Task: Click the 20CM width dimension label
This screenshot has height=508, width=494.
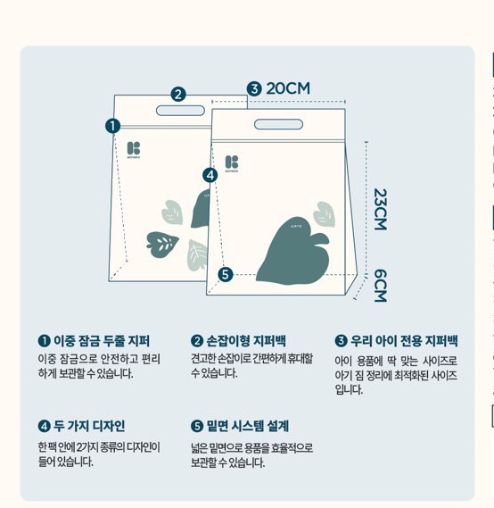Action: click(x=288, y=88)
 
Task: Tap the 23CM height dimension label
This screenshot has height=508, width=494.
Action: click(x=380, y=209)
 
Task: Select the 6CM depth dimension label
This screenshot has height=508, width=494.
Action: click(x=380, y=286)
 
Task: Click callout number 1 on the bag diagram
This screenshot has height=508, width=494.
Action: click(x=112, y=126)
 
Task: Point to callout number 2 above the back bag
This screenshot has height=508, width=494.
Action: click(x=178, y=95)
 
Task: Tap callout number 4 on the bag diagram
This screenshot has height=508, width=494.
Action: click(x=210, y=175)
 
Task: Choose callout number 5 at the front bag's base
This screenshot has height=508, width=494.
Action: click(x=226, y=274)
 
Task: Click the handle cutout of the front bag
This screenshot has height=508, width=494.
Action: click(x=278, y=124)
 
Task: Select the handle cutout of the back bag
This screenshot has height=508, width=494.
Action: click(x=180, y=111)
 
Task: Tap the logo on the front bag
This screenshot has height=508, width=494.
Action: click(x=232, y=163)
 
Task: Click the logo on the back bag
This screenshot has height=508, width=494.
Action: click(x=134, y=149)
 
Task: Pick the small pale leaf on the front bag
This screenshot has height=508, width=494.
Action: click(x=324, y=214)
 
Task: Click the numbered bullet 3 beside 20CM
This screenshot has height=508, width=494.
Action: click(x=254, y=88)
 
